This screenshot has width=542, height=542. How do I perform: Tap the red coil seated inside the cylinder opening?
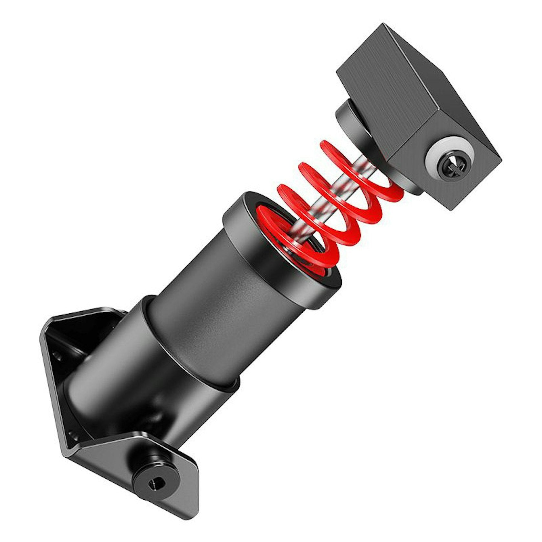click(291, 245)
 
